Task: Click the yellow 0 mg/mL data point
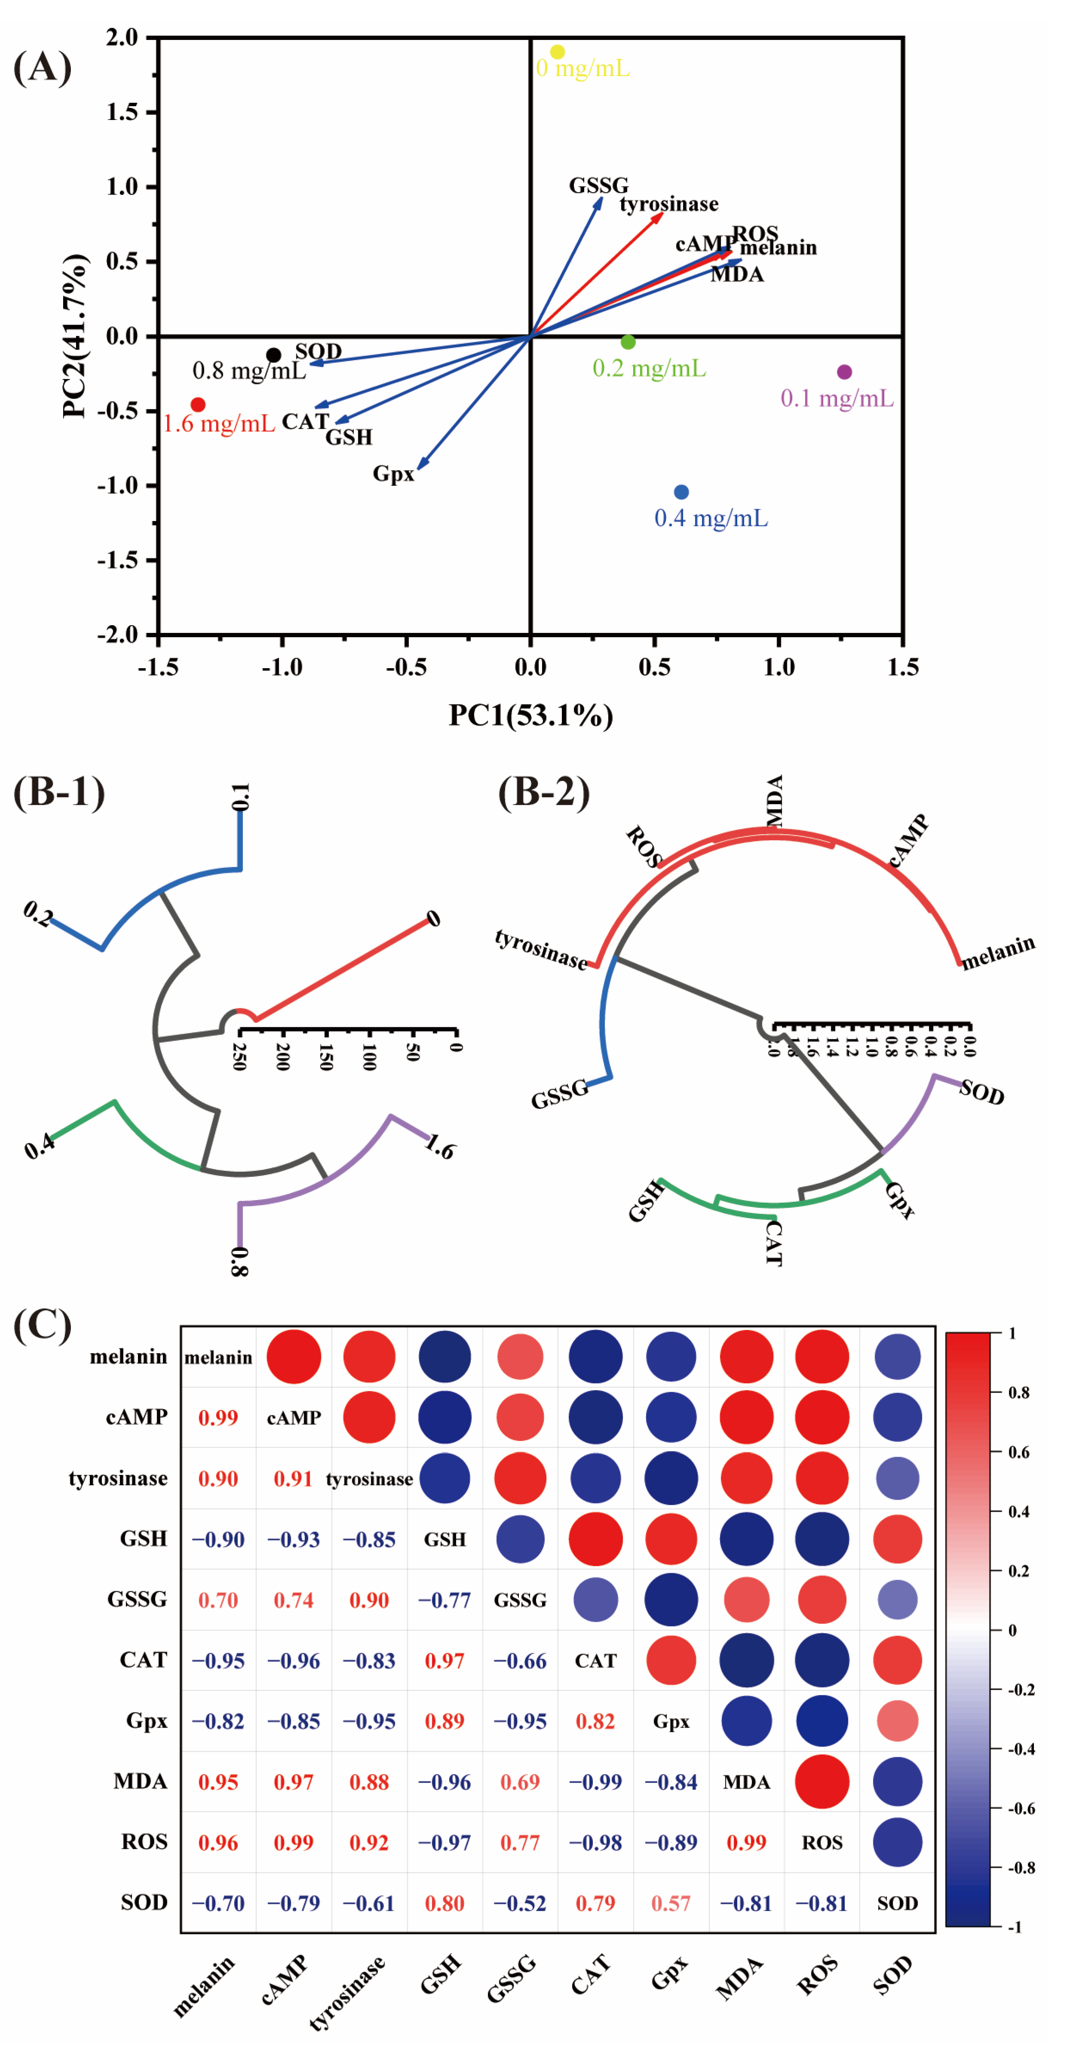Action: click(558, 52)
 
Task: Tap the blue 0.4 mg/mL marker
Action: click(681, 492)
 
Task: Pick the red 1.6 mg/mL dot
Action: click(198, 405)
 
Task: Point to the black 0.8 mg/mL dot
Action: click(274, 355)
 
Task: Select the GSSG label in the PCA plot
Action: click(598, 185)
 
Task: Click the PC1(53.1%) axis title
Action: click(531, 715)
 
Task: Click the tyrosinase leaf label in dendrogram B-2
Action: click(541, 948)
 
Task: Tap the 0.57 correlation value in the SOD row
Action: click(671, 1903)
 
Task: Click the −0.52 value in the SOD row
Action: click(520, 1903)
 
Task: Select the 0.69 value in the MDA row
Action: click(520, 1782)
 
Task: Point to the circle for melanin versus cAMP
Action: click(294, 1357)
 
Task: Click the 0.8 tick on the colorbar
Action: click(1018, 1393)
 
